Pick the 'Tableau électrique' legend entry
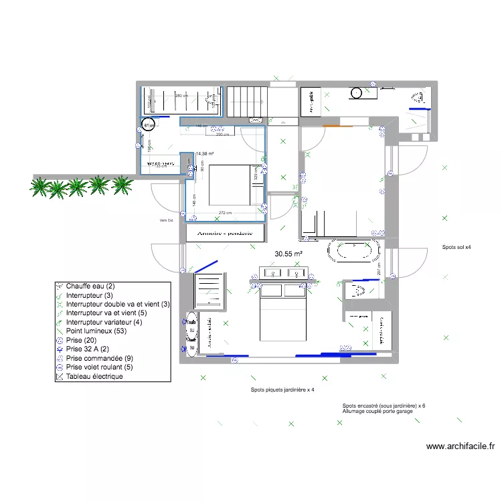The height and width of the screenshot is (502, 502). tap(94, 377)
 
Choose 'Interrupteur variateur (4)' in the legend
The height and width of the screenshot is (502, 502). tap(104, 322)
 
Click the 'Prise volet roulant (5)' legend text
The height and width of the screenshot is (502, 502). tap(100, 367)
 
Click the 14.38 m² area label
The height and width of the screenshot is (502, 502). tap(205, 153)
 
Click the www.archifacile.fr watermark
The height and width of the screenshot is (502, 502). tap(459, 446)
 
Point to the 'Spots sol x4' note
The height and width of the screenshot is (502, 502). tap(456, 248)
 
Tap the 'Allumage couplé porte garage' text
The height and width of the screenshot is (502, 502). tap(377, 411)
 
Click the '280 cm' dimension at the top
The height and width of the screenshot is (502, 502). tap(182, 96)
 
